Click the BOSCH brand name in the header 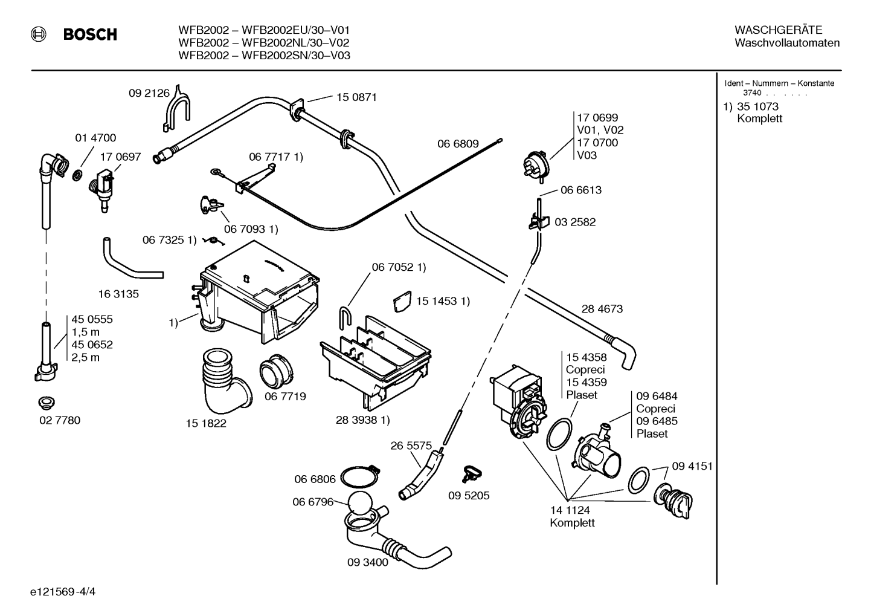(90, 34)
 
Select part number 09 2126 (149, 93)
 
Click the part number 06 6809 (458, 144)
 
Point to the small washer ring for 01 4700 (78, 175)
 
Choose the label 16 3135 (118, 294)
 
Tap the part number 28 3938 (358, 420)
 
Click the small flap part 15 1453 (402, 301)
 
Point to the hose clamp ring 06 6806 (359, 477)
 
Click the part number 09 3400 (368, 562)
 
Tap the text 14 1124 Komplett (572, 516)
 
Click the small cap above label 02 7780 (47, 403)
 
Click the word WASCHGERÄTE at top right (779, 30)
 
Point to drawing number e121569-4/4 (63, 591)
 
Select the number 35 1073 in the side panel (757, 106)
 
